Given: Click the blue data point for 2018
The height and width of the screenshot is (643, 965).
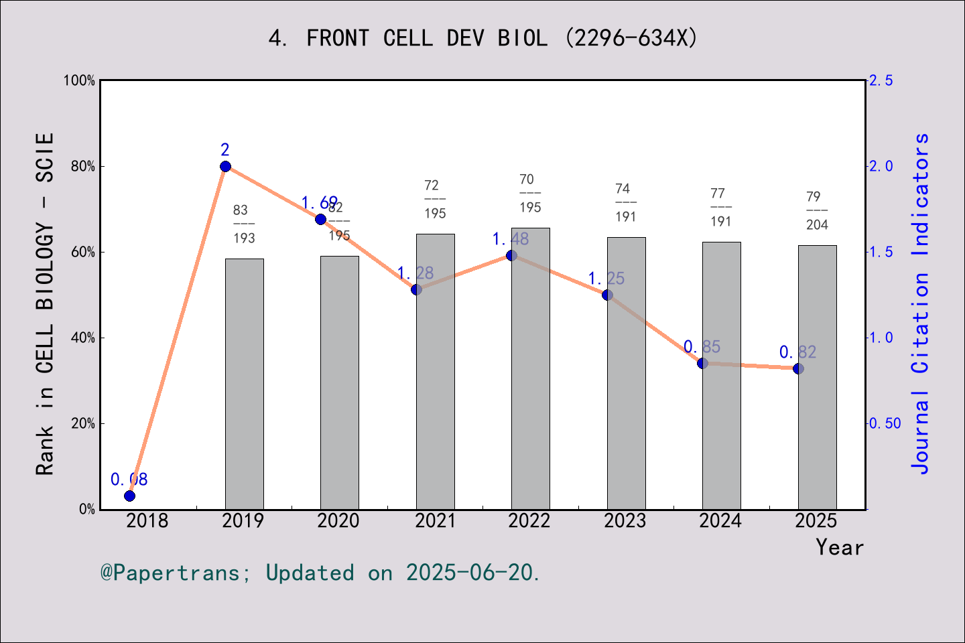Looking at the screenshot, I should pyautogui.click(x=130, y=496).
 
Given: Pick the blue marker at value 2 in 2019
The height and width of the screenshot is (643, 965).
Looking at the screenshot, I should pyautogui.click(x=225, y=166).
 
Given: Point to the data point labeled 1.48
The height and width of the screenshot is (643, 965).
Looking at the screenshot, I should pyautogui.click(x=511, y=255).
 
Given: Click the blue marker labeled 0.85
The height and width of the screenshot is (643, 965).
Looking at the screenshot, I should pyautogui.click(x=702, y=363).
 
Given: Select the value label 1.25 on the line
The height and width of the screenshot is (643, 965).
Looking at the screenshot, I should pyautogui.click(x=606, y=279).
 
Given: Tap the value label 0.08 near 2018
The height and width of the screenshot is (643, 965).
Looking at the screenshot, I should pyautogui.click(x=129, y=480).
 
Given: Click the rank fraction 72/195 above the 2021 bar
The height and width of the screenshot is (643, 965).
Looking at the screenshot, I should pyautogui.click(x=435, y=199).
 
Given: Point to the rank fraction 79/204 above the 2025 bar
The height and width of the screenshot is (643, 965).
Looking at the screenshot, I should pyautogui.click(x=817, y=210).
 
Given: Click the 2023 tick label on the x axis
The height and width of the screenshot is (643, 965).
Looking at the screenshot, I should pyautogui.click(x=625, y=520).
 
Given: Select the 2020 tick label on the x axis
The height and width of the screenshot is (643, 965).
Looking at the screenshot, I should pyautogui.click(x=338, y=520).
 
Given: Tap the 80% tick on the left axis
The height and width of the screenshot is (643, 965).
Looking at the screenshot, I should pyautogui.click(x=82, y=166).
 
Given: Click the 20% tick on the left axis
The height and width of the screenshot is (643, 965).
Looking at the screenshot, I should pyautogui.click(x=82, y=423).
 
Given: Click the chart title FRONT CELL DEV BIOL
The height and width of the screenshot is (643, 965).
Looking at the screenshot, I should pyautogui.click(x=482, y=38).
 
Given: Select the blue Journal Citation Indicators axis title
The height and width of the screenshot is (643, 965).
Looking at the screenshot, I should pyautogui.click(x=921, y=303).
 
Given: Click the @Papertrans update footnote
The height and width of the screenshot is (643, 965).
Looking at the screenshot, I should pyautogui.click(x=320, y=573).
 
